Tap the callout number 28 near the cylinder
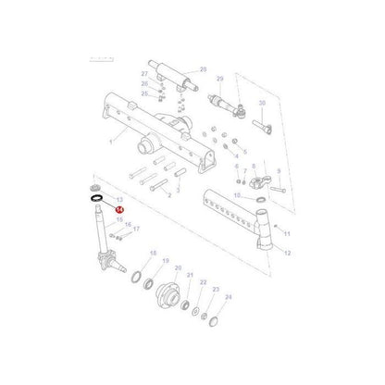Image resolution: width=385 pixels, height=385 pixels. pyautogui.click(x=204, y=68)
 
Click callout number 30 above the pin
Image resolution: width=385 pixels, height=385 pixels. pyautogui.click(x=263, y=103)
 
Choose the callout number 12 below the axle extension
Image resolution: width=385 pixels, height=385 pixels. pyautogui.click(x=287, y=253)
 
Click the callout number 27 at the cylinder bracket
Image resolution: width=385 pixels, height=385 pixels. pyautogui.click(x=145, y=73)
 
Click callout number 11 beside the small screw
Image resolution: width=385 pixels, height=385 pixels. pyautogui.click(x=286, y=234)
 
